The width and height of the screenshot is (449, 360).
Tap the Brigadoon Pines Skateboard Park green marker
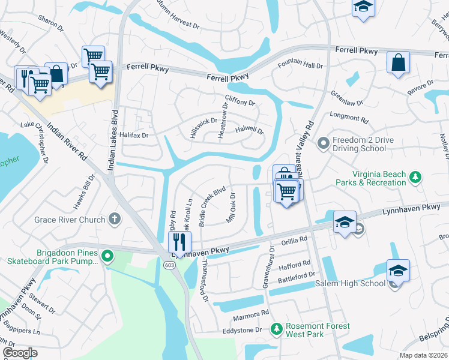click(x=107, y=257)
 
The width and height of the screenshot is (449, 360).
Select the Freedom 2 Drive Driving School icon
click(x=324, y=143)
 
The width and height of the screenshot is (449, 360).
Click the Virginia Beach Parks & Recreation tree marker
click(x=414, y=177)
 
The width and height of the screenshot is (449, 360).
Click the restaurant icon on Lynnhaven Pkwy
click(x=179, y=242)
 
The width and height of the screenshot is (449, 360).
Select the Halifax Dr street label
click(x=133, y=136)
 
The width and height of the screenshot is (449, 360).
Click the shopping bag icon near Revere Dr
click(x=398, y=63)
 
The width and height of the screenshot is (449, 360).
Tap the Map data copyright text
click(x=422, y=355)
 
